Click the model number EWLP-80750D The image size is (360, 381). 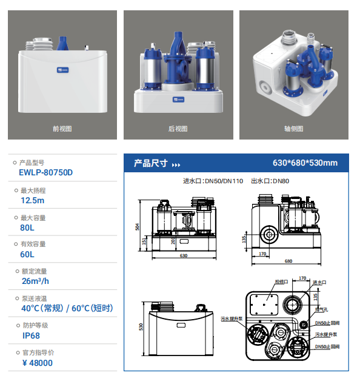pyautogui.click(x=45, y=172)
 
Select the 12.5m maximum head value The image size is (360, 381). pyautogui.click(x=33, y=200)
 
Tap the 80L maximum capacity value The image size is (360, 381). pyautogui.click(x=27, y=228)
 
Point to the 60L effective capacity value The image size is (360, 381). pyautogui.click(x=27, y=254)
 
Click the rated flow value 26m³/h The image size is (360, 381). pyautogui.click(x=35, y=281)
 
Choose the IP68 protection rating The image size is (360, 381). pyautogui.click(x=31, y=335)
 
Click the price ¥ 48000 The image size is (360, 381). pyautogui.click(x=38, y=363)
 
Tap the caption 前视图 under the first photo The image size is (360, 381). pyautogui.click(x=62, y=129)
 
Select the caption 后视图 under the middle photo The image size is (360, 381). pyautogui.click(x=178, y=129)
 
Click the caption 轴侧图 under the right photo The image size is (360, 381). pyautogui.click(x=294, y=129)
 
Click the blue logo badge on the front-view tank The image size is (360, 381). pyautogui.click(x=62, y=70)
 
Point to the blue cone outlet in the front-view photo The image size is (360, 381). pyautogui.click(x=62, y=43)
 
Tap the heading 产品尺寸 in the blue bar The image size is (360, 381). pyautogui.click(x=151, y=163)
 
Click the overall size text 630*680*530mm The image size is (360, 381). pyautogui.click(x=305, y=163)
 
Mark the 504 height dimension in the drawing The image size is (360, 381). pyautogui.click(x=137, y=227)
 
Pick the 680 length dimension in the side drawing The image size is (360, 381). pyautogui.click(x=288, y=261)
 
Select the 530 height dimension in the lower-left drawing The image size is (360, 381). pyautogui.click(x=141, y=327)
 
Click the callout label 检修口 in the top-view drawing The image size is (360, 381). pyautogui.click(x=281, y=282)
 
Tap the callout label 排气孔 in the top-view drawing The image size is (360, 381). pyautogui.click(x=322, y=309)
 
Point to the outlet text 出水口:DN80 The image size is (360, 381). pyautogui.click(x=270, y=181)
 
